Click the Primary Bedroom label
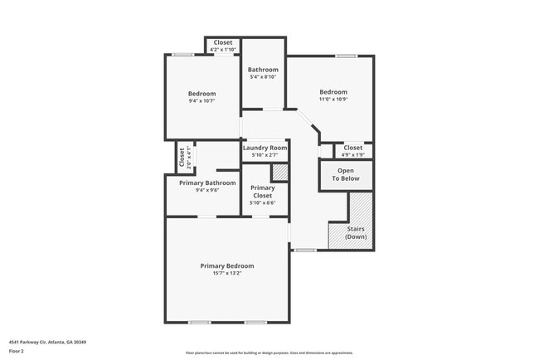[226, 265]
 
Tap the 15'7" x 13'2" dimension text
[226, 273]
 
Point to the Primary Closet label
[263, 192]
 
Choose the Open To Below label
[346, 175]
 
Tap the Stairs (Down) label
[356, 232]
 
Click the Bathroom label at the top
[263, 70]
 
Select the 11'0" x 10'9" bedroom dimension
[333, 100]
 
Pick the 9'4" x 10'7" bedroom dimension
[202, 101]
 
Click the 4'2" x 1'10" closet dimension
[223, 50]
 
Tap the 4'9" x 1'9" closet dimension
[353, 155]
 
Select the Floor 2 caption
[17, 351]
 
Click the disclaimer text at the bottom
[269, 353]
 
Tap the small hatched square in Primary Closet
[279, 172]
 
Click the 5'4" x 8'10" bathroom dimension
[263, 77]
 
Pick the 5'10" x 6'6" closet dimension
[263, 202]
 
